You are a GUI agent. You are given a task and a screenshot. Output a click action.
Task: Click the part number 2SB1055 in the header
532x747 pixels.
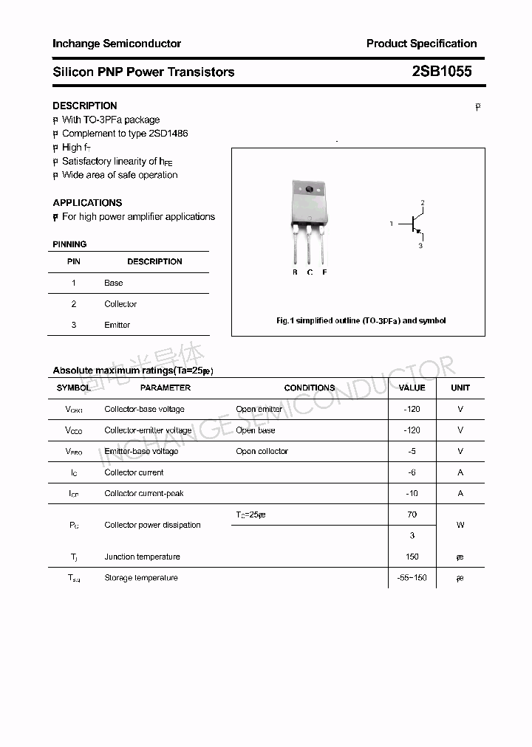(x=442, y=72)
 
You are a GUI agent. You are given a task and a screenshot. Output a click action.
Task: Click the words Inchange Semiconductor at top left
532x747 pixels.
(x=117, y=44)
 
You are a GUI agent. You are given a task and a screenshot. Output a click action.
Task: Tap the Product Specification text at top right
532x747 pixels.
(x=421, y=44)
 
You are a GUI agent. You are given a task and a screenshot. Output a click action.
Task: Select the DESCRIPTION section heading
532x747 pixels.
(x=85, y=106)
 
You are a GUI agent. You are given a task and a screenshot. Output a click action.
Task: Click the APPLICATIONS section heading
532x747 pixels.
(x=87, y=202)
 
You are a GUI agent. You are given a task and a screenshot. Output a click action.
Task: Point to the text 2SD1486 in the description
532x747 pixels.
(x=168, y=134)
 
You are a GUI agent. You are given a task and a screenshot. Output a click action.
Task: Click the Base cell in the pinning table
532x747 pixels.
(x=114, y=283)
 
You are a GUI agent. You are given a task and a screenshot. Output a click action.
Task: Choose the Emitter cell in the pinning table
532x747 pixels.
(x=117, y=325)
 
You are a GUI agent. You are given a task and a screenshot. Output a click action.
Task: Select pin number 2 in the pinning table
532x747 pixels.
(x=74, y=304)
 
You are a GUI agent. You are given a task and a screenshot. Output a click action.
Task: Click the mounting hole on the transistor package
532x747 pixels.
(x=309, y=190)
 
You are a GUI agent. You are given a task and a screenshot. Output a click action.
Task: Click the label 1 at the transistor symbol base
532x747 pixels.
(x=392, y=223)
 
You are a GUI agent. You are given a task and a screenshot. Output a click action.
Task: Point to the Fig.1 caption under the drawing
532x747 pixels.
(x=361, y=321)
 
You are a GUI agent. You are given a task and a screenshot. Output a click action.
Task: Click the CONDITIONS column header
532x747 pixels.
(x=310, y=388)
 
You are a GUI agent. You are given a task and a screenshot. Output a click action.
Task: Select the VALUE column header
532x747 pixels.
(x=412, y=388)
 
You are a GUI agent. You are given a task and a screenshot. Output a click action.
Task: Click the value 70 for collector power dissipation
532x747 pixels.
(x=412, y=514)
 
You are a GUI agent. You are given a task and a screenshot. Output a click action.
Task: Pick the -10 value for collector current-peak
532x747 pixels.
(x=412, y=493)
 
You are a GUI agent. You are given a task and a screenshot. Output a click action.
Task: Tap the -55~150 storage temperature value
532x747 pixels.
(x=412, y=578)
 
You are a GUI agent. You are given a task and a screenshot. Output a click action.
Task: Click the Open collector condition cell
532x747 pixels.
(x=262, y=451)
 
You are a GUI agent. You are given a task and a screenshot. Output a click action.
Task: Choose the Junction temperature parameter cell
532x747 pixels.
(x=142, y=557)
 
